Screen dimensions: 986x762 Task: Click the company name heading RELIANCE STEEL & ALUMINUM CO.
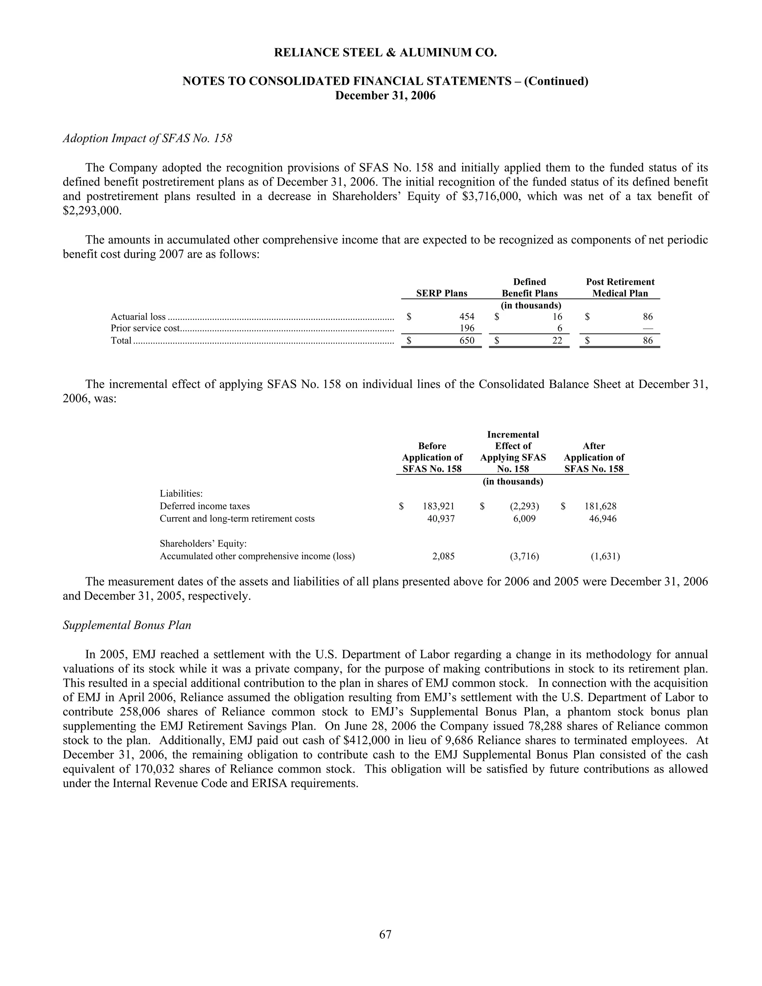tap(385, 53)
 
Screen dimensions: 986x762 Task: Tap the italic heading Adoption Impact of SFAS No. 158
tap(147, 138)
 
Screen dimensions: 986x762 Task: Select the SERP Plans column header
tap(442, 294)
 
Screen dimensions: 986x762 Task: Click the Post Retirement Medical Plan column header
tap(620, 288)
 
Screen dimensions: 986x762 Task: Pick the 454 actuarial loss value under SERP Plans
tap(467, 317)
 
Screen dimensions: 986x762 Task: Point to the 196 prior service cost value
tap(467, 328)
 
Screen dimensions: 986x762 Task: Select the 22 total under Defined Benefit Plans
tap(557, 341)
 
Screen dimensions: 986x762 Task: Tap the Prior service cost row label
tap(145, 328)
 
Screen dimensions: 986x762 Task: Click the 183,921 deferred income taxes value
tap(438, 506)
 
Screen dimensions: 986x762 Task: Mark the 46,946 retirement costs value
tap(603, 519)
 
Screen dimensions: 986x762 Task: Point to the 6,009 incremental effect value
tap(524, 519)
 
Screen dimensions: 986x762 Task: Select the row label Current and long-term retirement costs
tap(237, 519)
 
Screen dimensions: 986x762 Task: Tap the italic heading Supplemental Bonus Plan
tap(127, 625)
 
